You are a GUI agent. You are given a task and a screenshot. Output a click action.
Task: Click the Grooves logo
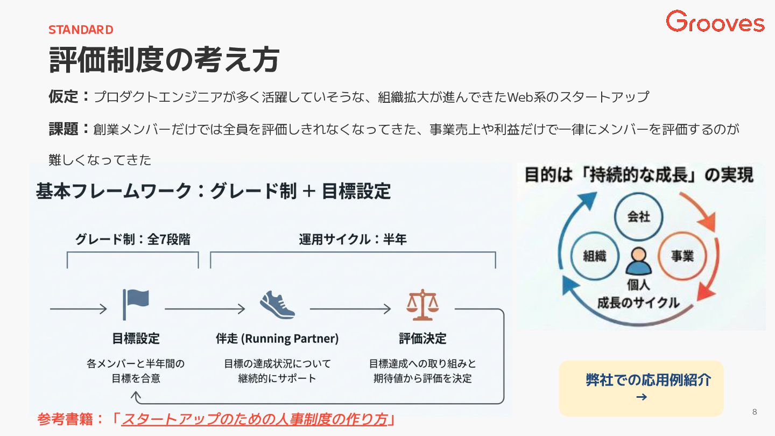pyautogui.click(x=715, y=22)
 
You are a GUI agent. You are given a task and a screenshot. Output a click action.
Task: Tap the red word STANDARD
pyautogui.click(x=81, y=30)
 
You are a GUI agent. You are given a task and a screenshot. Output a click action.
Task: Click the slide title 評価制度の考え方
pyautogui.click(x=164, y=60)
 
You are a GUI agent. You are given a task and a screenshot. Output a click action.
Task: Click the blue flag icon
pyautogui.click(x=136, y=304)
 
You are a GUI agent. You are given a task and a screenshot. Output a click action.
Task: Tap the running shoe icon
pyautogui.click(x=277, y=305)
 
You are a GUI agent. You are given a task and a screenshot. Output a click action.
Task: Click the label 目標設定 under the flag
pyautogui.click(x=136, y=339)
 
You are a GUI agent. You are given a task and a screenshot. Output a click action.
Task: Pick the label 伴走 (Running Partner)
pyautogui.click(x=277, y=339)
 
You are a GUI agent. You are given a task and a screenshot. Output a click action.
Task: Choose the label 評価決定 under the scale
pyautogui.click(x=422, y=339)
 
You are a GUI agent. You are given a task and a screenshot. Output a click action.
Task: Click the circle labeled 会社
pyautogui.click(x=639, y=217)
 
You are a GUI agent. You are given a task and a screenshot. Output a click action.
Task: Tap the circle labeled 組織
pyautogui.click(x=594, y=256)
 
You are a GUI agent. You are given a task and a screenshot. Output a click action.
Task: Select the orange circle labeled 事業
pyautogui.click(x=682, y=256)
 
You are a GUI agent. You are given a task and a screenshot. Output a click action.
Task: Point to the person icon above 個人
pyautogui.click(x=639, y=261)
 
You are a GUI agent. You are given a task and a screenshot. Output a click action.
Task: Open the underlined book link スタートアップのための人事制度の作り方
pyautogui.click(x=255, y=419)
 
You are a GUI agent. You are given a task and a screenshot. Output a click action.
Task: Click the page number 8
pyautogui.click(x=754, y=412)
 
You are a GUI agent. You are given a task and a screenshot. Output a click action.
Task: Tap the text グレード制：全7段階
pyautogui.click(x=132, y=240)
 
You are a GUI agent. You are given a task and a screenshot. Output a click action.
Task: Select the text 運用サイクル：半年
pyautogui.click(x=353, y=240)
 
